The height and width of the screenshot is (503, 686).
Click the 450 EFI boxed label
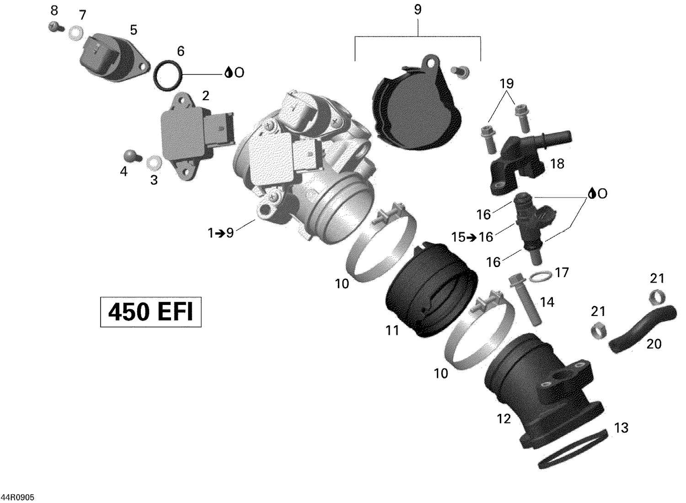(150, 312)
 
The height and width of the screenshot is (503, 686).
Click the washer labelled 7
(76, 33)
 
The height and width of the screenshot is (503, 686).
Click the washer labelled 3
(155, 162)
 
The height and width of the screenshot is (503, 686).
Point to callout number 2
(205, 96)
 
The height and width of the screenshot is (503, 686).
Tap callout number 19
(507, 84)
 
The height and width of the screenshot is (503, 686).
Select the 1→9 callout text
(220, 233)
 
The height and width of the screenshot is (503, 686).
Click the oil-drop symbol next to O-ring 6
(228, 72)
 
